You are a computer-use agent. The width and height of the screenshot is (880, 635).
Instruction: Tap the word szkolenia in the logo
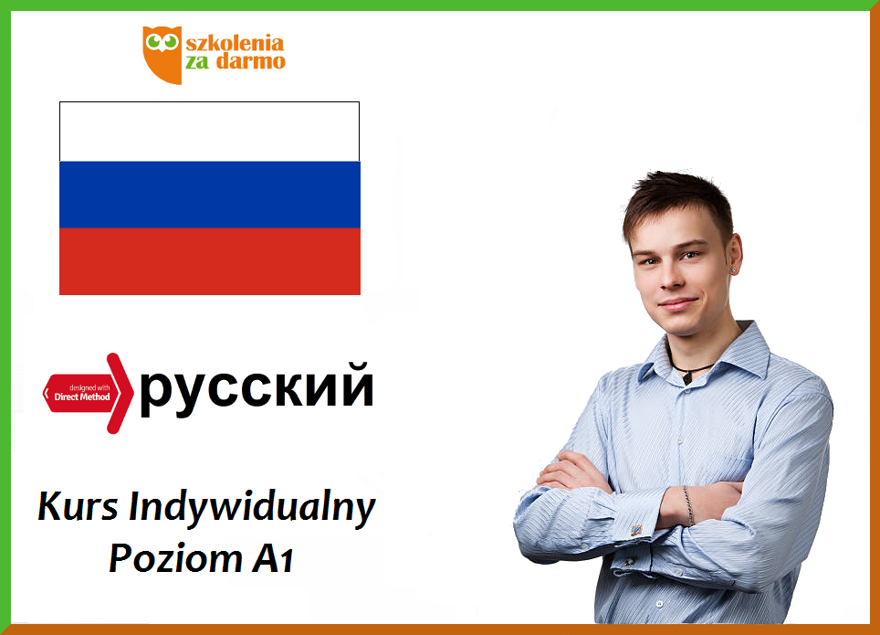[235, 43]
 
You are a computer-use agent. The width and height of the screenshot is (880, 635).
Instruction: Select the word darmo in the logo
[251, 60]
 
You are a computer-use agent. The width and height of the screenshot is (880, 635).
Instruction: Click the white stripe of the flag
[209, 132]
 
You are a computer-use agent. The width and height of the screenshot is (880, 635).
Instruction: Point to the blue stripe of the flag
[209, 195]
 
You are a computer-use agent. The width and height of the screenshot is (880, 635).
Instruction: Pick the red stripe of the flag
[209, 261]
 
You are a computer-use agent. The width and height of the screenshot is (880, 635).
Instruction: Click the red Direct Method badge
[89, 394]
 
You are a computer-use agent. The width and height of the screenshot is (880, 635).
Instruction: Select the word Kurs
[78, 506]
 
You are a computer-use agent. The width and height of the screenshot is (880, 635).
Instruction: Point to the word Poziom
[175, 558]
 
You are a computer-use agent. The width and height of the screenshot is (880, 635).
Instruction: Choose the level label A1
[273, 558]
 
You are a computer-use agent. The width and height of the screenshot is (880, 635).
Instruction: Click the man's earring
[733, 270]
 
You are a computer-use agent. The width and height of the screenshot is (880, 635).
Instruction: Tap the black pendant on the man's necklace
[687, 377]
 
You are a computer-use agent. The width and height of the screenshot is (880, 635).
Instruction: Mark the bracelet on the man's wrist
[688, 505]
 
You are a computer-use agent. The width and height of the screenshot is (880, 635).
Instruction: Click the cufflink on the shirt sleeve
[636, 529]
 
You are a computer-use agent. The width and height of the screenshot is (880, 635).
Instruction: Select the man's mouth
[677, 304]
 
